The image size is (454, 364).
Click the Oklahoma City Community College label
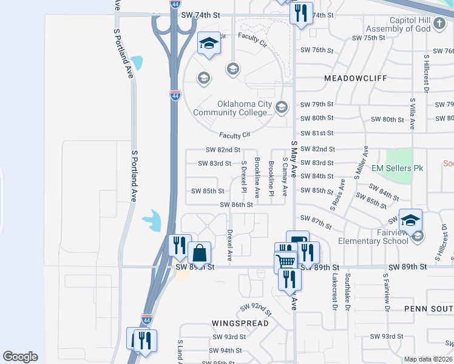[233, 107]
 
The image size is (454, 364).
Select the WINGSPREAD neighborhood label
[240, 323]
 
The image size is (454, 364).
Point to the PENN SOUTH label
[428, 309]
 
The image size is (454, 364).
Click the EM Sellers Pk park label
[397, 168]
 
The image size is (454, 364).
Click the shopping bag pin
[199, 252]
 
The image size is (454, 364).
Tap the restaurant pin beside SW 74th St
[300, 12]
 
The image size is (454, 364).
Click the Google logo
[20, 357]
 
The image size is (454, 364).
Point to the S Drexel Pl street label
[243, 177]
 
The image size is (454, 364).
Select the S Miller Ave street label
[365, 161]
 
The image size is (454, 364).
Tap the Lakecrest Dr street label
[334, 292]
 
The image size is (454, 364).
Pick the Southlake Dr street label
[348, 292]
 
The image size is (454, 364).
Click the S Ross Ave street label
[337, 195]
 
